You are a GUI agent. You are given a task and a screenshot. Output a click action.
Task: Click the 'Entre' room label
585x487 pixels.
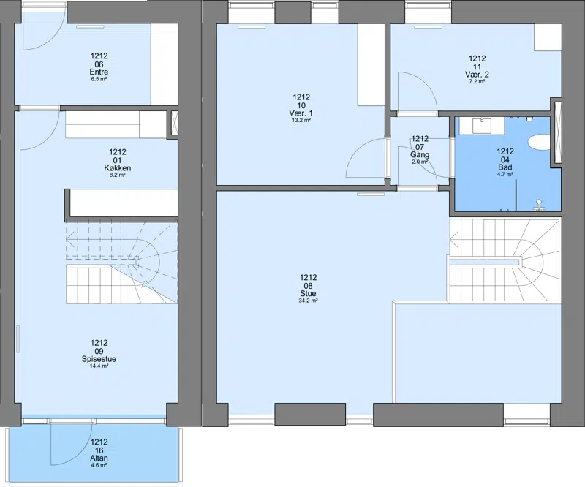(99, 72)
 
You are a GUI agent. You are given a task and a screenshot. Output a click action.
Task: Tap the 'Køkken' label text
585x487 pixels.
(118, 168)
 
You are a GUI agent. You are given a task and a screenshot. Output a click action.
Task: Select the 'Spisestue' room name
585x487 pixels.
(99, 359)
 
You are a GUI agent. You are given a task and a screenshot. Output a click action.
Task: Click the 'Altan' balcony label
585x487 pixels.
(99, 458)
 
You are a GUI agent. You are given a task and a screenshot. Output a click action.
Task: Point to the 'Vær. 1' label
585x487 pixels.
(301, 113)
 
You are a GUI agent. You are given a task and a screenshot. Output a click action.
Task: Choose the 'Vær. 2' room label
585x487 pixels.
(478, 75)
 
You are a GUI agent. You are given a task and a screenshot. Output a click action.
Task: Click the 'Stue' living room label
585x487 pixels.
(308, 293)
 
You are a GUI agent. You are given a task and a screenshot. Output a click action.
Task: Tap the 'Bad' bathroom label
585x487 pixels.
(505, 167)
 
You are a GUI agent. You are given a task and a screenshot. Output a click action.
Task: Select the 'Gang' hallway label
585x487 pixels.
(420, 154)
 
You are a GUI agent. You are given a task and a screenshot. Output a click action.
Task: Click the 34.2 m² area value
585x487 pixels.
(308, 301)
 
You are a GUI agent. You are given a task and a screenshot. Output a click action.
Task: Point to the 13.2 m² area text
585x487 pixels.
(301, 120)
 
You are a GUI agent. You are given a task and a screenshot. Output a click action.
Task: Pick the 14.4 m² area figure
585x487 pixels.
(99, 366)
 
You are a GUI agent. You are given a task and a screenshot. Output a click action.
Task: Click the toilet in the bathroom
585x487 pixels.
(539, 142)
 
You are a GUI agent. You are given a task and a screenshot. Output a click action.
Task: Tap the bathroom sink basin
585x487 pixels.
(482, 125)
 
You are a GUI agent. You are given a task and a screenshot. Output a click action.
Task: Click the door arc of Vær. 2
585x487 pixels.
(426, 85)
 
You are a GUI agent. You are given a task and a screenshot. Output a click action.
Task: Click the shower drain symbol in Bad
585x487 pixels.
(539, 204)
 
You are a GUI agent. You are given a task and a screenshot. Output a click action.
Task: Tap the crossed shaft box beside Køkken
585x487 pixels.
(175, 123)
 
